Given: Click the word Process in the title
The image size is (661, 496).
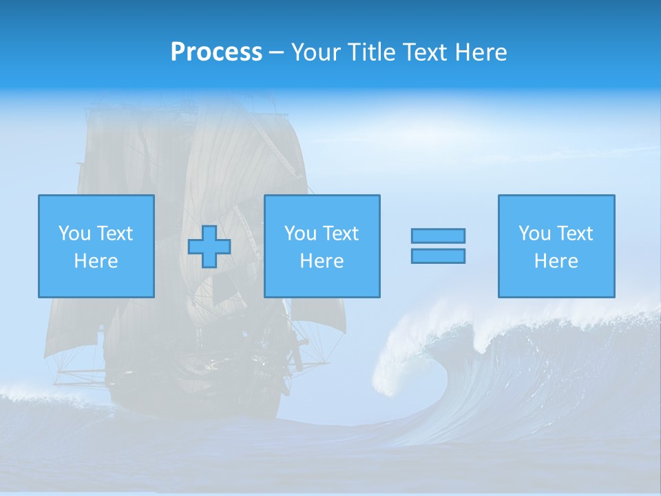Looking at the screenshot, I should tap(216, 52).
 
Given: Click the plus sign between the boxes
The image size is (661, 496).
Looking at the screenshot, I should tap(209, 247).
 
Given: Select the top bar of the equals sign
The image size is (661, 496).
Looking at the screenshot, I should tap(438, 236).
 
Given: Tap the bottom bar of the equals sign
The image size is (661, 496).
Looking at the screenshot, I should tap(438, 256).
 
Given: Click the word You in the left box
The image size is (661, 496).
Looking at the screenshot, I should tap(74, 234).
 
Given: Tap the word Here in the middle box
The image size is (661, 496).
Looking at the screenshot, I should tap(322, 261).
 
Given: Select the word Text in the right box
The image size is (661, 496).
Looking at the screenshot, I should tap(574, 234).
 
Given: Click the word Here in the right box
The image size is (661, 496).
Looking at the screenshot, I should tap(556, 261).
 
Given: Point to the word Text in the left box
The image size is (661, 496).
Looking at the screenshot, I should tap(114, 234).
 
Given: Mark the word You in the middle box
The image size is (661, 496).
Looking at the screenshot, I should tap(300, 234).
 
